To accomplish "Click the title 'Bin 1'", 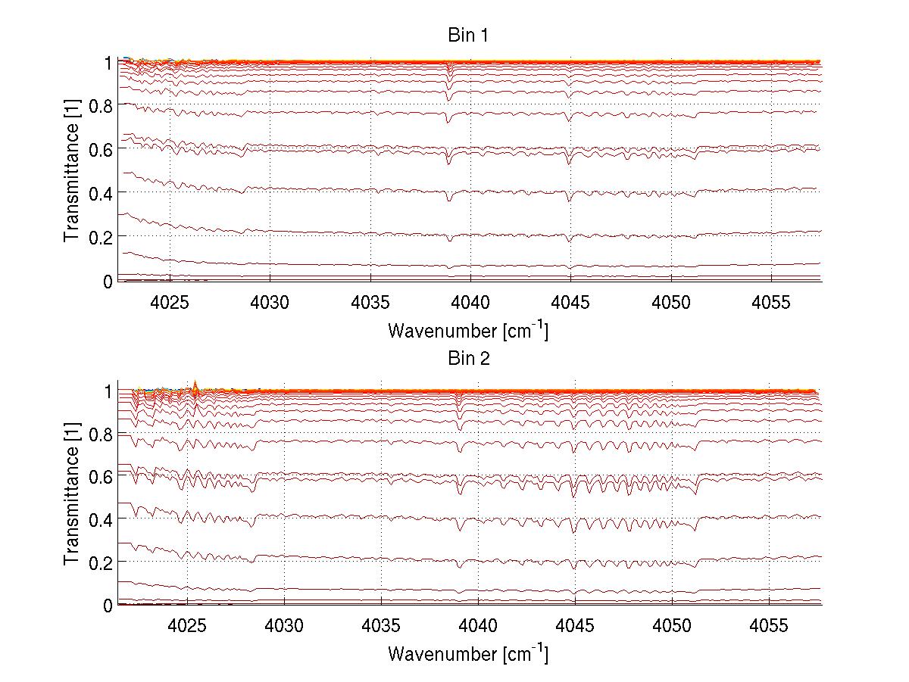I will pos(468,36).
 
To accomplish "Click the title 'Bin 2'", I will pos(468,359).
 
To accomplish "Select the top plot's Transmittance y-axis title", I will pos(72,172).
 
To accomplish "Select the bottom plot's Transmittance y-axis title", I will pos(72,496).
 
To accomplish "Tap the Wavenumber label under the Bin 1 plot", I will pos(468,330).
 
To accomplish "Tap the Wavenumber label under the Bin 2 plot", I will pos(468,653).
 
